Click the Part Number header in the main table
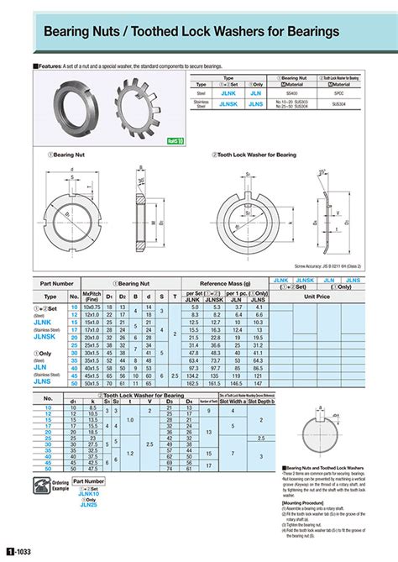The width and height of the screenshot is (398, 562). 57,285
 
